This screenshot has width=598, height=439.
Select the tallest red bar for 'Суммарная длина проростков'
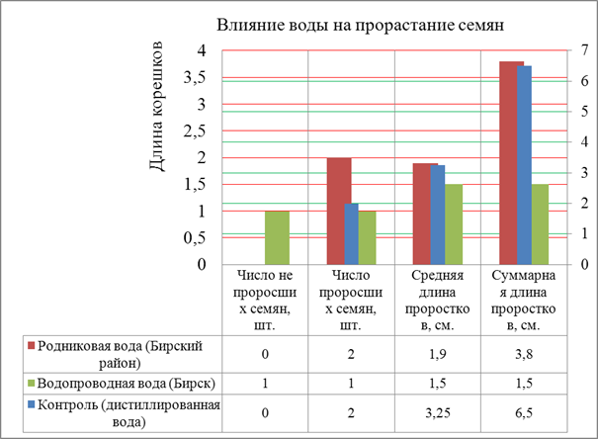pos(510,163)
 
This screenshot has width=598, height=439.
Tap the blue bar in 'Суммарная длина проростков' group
pos(525,165)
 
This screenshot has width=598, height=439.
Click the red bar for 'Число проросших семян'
pos(339,211)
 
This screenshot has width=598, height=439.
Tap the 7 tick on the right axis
pos(584,51)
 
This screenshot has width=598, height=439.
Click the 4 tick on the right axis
pos(584,142)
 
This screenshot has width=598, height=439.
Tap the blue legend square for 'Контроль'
pos(33,404)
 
